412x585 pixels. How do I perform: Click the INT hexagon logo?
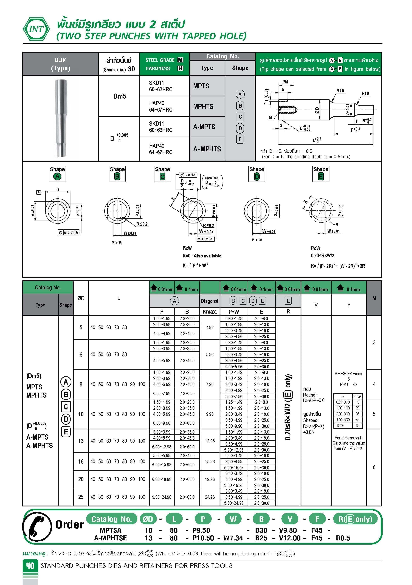[x=36, y=29]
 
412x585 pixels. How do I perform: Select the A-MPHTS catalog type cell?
[x=207, y=149]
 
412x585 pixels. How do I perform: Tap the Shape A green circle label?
[x=57, y=177]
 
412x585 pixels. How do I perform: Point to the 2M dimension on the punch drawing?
[x=285, y=82]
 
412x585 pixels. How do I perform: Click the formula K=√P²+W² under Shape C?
[x=195, y=265]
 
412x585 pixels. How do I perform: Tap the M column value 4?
[x=374, y=384]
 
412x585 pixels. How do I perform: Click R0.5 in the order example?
[x=343, y=538]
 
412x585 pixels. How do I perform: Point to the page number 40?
[x=30, y=566]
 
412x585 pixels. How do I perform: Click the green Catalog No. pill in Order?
[x=112, y=519]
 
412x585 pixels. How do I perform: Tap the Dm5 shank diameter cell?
[x=119, y=96]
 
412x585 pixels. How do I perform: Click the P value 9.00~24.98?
[x=162, y=497]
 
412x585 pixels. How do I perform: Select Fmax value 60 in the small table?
[x=357, y=426]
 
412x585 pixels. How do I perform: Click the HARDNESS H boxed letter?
[x=180, y=68]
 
